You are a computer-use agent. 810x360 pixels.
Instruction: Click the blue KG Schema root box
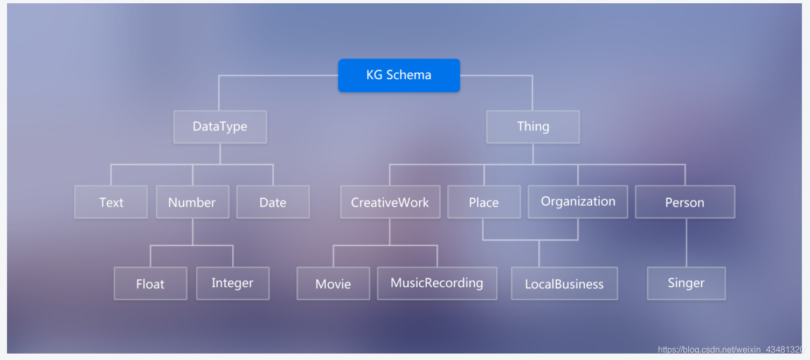(399, 75)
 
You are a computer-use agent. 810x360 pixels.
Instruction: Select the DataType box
(220, 127)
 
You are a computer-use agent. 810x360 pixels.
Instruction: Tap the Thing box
(533, 127)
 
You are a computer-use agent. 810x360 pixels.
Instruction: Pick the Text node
(111, 202)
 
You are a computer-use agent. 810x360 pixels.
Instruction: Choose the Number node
(192, 202)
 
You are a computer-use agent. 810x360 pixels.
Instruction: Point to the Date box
(273, 202)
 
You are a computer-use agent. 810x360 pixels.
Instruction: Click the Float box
(150, 283)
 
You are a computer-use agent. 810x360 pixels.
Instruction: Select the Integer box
(233, 283)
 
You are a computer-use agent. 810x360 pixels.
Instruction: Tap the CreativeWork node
(390, 202)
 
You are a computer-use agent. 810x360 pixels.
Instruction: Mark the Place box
(484, 202)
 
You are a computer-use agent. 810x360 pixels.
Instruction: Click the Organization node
(578, 202)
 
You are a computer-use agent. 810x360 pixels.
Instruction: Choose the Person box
(685, 202)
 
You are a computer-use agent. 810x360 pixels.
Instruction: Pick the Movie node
(333, 283)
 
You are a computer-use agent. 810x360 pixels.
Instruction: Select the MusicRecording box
(437, 283)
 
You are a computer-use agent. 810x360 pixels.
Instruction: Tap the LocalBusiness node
(564, 283)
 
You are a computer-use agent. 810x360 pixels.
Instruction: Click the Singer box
(686, 283)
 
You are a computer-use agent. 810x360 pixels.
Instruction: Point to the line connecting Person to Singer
(686, 243)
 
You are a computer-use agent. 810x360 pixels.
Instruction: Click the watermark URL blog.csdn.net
(733, 350)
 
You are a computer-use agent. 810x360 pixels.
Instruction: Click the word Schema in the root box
(409, 75)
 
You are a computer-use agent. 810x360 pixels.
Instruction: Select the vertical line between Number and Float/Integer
(193, 232)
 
